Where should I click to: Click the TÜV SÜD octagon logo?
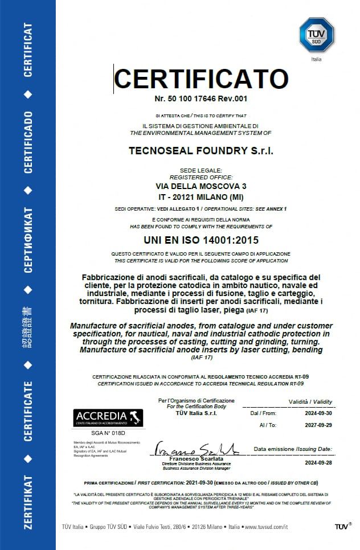pos(313,35)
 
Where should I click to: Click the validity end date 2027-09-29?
pos(318,425)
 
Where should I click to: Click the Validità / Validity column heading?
pos(310,402)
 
